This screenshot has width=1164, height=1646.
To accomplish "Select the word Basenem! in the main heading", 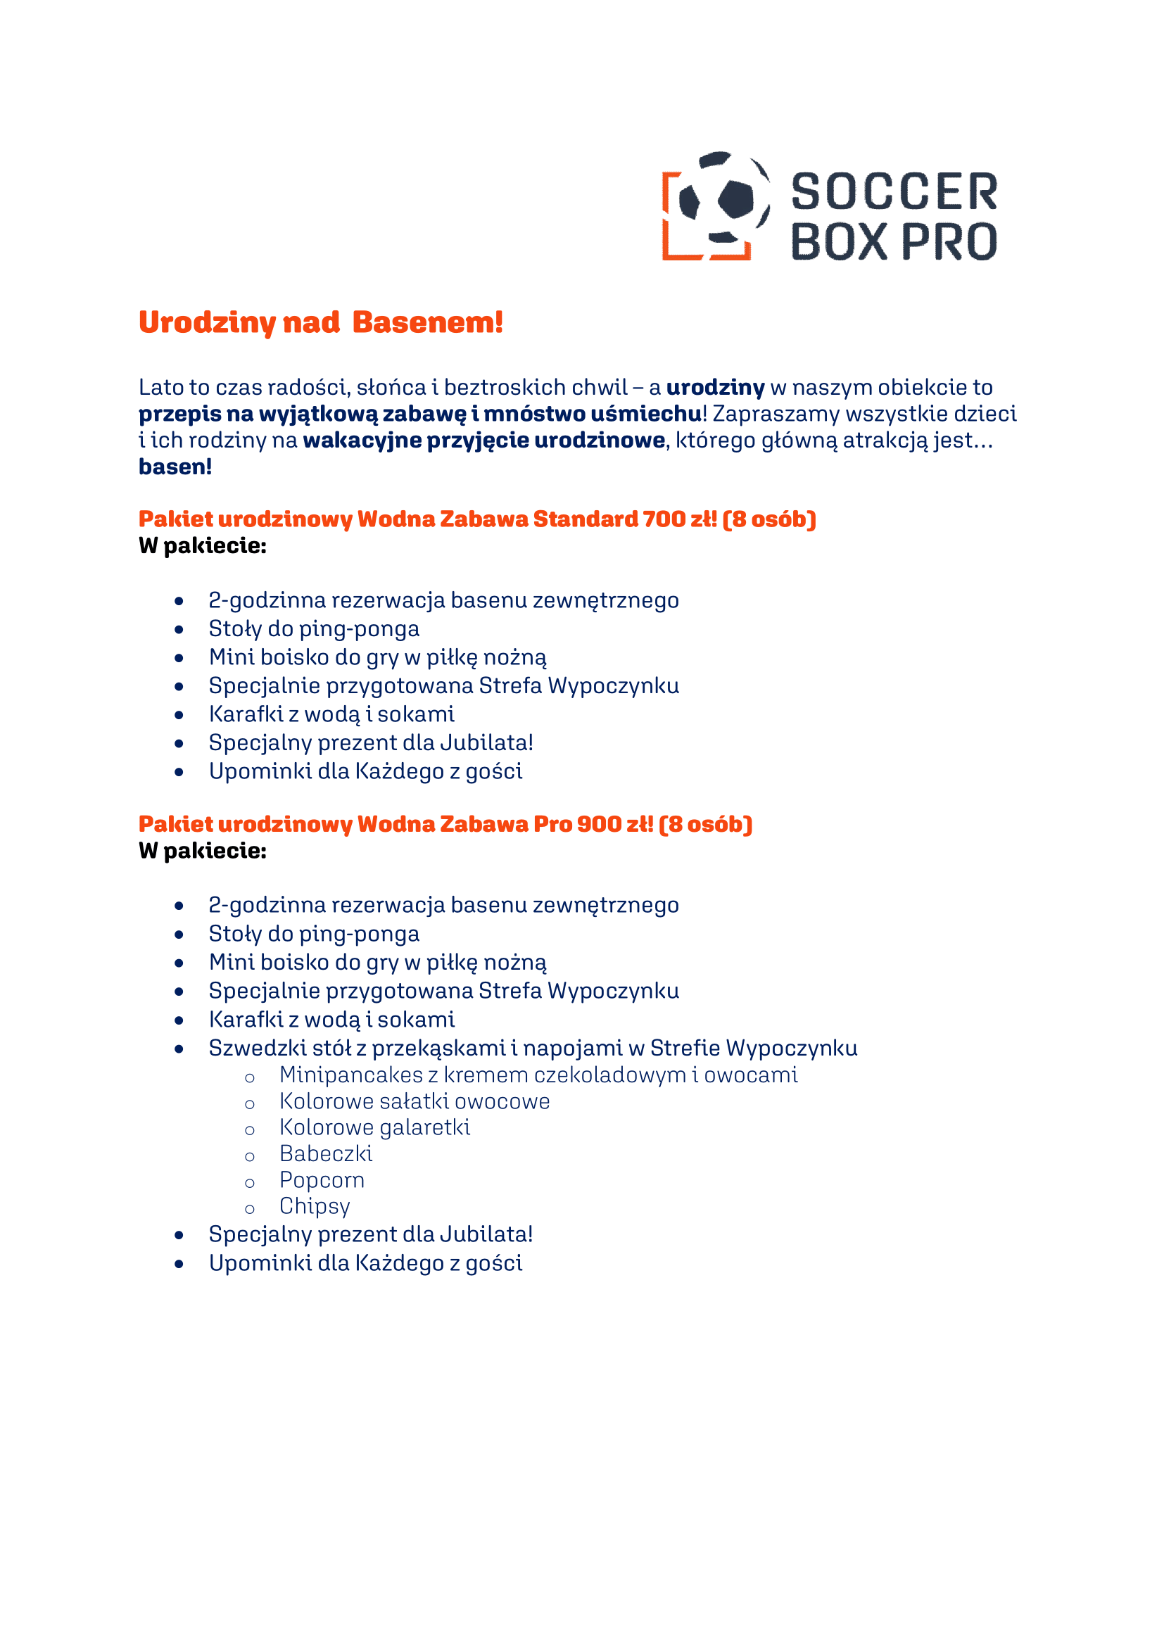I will coord(427,322).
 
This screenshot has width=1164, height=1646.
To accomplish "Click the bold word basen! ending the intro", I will coord(175,467).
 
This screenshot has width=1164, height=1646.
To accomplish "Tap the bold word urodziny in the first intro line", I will coord(715,388).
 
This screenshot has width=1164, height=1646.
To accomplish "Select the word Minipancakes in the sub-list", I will coord(351,1075).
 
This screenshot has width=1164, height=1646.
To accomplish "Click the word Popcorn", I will coord(322,1180).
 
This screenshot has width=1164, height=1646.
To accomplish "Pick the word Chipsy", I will coord(315,1207).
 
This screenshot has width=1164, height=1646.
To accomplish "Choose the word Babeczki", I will coord(326,1154).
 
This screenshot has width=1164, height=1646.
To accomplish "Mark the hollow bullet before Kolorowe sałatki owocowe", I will coord(249,1104).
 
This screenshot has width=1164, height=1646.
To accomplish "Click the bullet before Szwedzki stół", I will coord(179,1049).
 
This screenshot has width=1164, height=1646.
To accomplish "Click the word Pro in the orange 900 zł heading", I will coord(552,825).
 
